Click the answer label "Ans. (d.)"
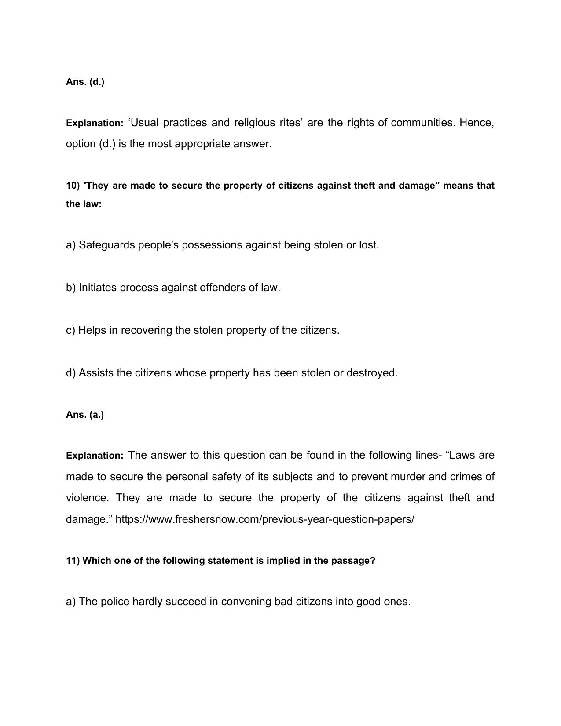click(85, 82)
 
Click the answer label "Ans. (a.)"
click(85, 415)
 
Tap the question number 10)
click(73, 186)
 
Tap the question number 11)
click(73, 561)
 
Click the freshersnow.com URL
click(264, 519)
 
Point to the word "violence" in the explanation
click(86, 498)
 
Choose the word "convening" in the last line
click(246, 602)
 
